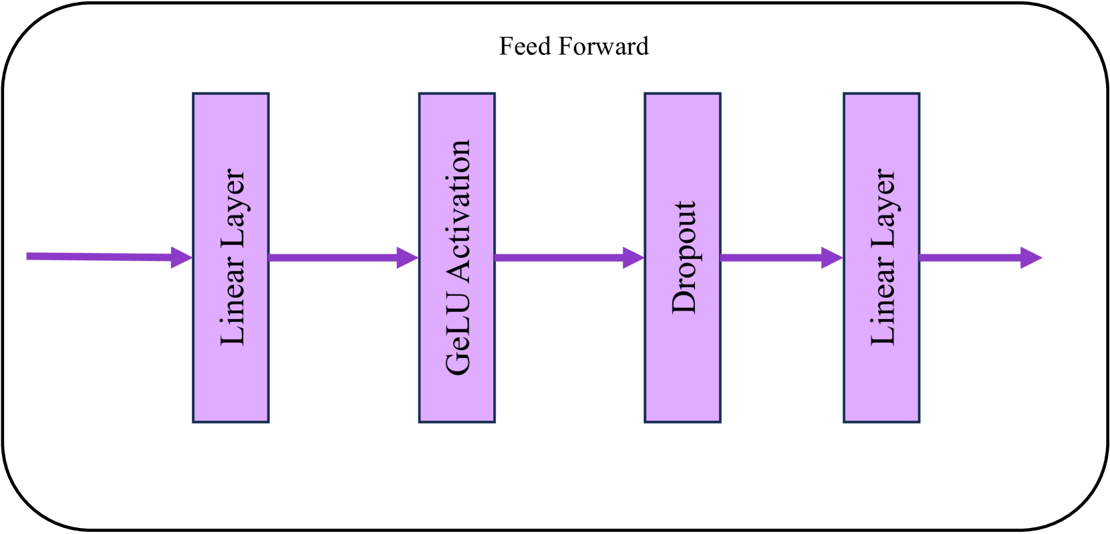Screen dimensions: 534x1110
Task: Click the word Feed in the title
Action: [x=525, y=46]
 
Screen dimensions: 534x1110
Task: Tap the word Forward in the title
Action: [x=603, y=46]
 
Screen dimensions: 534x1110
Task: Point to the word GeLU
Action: [x=458, y=345]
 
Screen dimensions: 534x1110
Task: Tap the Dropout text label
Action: [x=684, y=258]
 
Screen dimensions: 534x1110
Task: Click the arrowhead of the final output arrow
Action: [x=1031, y=258]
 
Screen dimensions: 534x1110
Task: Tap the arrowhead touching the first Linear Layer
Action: [x=182, y=257]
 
